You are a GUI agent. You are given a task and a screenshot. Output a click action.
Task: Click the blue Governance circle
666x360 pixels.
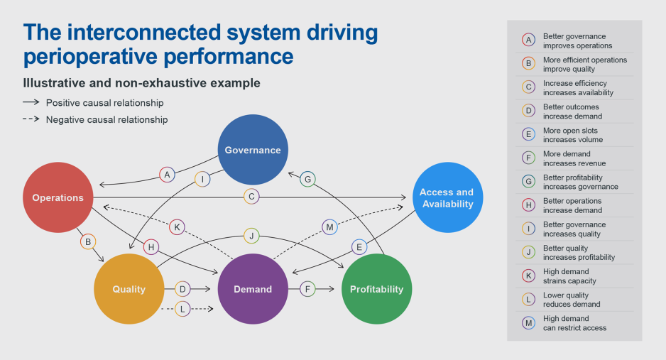click(x=253, y=150)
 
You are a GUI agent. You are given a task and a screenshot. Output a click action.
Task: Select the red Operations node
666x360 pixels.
click(x=58, y=197)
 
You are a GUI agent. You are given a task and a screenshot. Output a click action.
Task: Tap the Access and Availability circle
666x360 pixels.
click(x=446, y=197)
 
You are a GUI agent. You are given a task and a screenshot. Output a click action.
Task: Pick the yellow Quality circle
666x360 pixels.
click(x=129, y=289)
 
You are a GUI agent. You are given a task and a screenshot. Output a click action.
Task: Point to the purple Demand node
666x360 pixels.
click(x=253, y=289)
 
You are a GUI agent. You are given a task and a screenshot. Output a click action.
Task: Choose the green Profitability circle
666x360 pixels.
click(x=376, y=289)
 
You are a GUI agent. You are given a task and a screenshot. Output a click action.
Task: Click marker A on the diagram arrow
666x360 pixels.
click(x=167, y=174)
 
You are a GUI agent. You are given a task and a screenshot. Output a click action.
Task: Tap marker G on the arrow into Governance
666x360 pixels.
click(x=307, y=179)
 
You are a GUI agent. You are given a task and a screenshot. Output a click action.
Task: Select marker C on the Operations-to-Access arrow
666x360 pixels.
click(x=251, y=197)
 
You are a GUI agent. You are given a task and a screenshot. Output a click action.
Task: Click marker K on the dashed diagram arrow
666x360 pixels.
click(x=178, y=227)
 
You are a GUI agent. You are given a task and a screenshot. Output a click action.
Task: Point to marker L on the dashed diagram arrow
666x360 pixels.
click(x=183, y=309)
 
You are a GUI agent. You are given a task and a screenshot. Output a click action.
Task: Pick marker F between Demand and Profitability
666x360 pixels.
click(x=307, y=289)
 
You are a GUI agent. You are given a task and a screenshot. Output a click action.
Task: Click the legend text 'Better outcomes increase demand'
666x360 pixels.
click(x=572, y=111)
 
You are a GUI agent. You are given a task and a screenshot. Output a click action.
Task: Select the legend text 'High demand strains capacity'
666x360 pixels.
click(x=569, y=276)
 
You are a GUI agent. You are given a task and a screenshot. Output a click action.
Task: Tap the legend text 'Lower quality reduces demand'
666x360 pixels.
click(x=572, y=300)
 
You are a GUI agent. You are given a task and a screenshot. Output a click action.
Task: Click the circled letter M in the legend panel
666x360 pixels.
click(x=528, y=323)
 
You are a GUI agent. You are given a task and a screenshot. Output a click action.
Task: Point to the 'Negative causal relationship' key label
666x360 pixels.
click(x=107, y=120)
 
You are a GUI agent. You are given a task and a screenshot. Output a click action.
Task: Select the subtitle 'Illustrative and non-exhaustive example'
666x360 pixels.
click(x=142, y=83)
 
